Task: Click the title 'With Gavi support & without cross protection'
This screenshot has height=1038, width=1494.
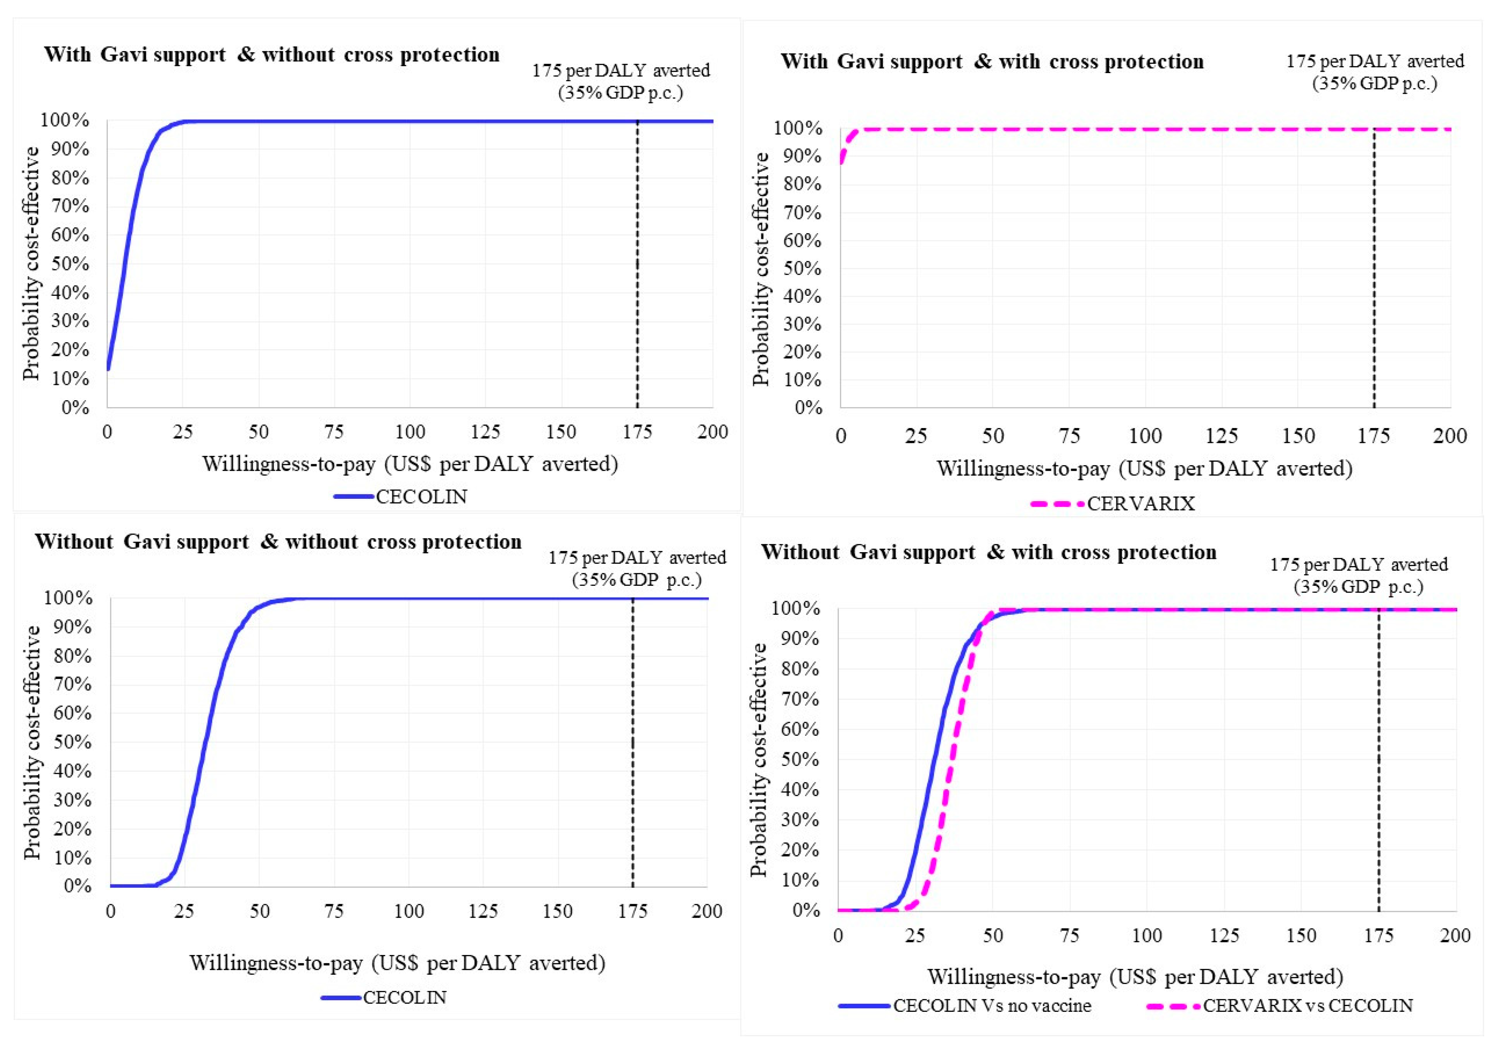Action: [271, 55]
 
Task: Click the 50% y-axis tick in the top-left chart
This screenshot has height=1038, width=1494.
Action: [70, 263]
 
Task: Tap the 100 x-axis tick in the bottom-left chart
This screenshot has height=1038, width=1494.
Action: [408, 911]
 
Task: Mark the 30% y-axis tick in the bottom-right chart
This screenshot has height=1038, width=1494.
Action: [800, 819]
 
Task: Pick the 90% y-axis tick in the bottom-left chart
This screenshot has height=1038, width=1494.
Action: [72, 627]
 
